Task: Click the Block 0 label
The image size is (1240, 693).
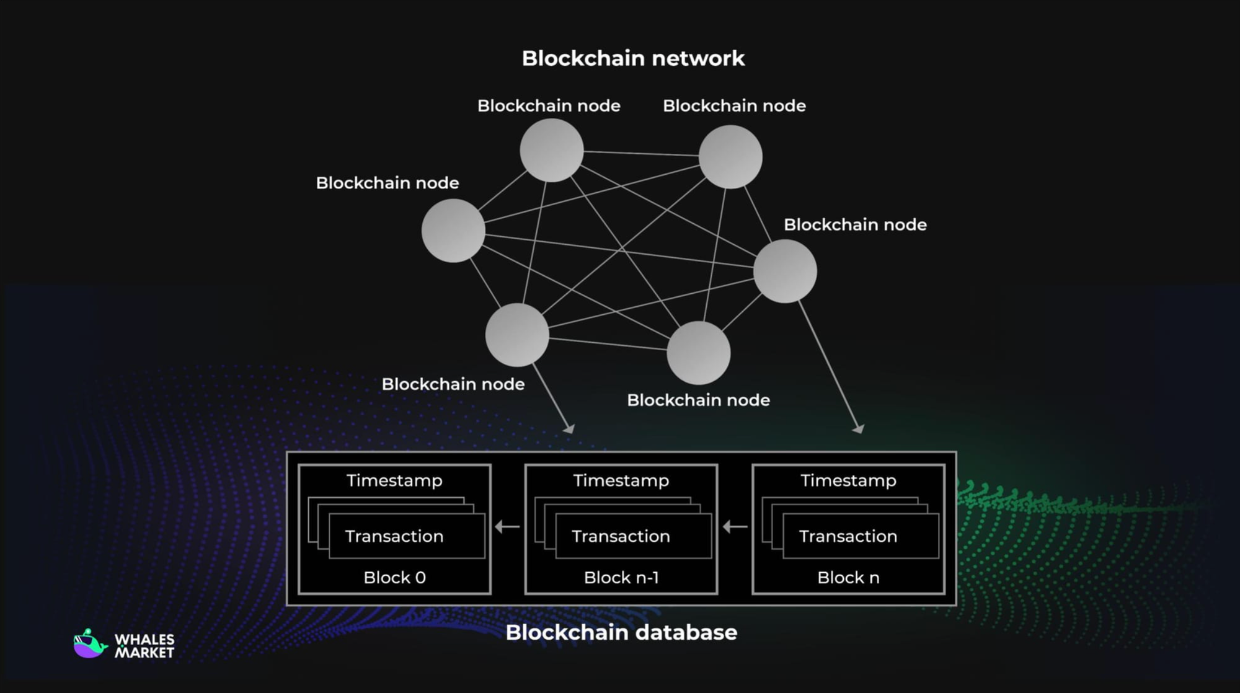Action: [394, 578]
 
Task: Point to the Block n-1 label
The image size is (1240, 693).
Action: [621, 578]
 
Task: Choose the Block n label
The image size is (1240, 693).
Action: [848, 578]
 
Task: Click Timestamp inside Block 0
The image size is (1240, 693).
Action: [394, 480]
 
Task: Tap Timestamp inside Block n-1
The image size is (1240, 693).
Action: [621, 480]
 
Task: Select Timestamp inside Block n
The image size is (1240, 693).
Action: [848, 480]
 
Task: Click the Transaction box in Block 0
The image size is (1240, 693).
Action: [406, 536]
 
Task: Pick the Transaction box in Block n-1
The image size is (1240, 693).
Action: [633, 536]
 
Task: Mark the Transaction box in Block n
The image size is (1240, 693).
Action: [861, 536]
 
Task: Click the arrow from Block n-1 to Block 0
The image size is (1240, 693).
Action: [507, 527]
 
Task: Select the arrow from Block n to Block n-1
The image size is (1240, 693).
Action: [735, 527]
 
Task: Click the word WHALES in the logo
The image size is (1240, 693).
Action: [144, 639]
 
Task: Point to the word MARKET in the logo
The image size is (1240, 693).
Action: [144, 653]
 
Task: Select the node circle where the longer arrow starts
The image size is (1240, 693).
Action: [785, 271]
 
